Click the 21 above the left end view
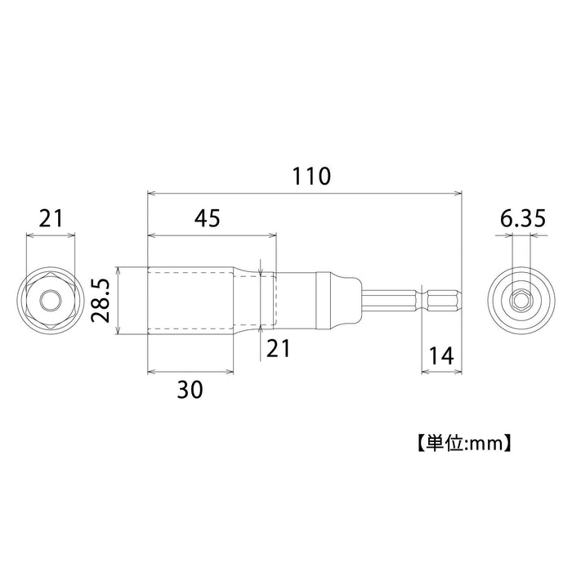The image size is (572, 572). point(51,219)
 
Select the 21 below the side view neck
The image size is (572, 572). point(279,348)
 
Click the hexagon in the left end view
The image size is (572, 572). point(51,302)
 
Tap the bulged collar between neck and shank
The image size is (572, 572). point(337,302)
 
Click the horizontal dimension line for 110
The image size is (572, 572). point(245,194)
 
